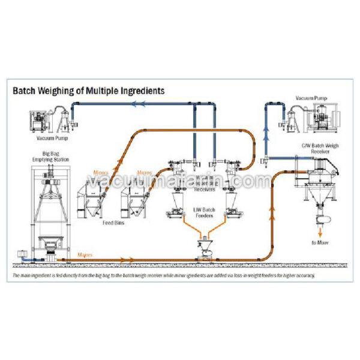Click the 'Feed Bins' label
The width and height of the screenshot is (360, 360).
[x=113, y=222]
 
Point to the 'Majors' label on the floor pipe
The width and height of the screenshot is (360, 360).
[x=85, y=255]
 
